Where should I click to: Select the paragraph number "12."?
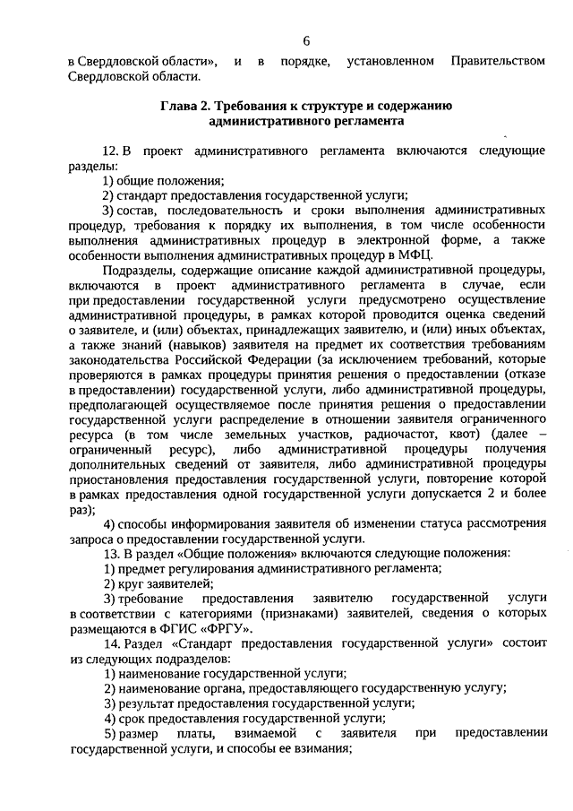[x=111, y=151]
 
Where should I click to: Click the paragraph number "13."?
[x=110, y=554]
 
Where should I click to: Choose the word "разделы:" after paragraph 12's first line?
[x=92, y=165]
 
